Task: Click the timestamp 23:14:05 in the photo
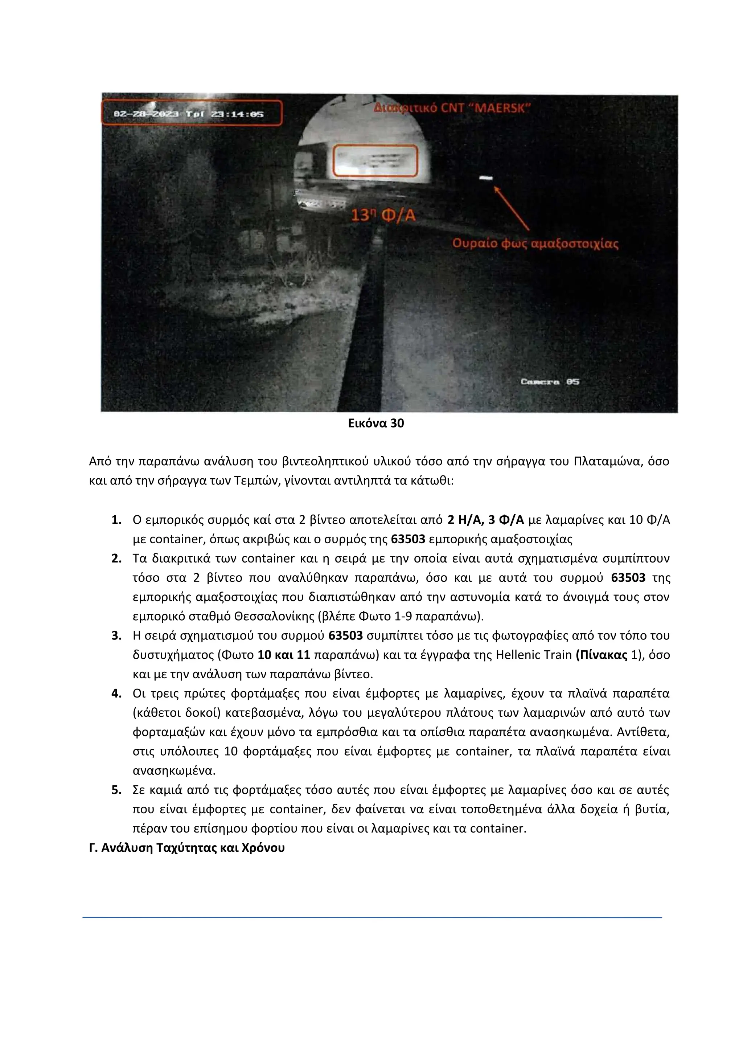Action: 237,114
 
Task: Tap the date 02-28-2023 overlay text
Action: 145,114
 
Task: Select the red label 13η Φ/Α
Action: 383,215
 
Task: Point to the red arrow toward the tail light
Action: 511,208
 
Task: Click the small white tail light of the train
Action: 485,178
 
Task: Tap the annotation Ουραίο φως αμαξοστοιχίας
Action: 535,244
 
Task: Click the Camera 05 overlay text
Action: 550,381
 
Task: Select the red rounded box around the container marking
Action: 375,161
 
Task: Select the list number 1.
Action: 116,520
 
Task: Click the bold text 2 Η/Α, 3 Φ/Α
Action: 485,520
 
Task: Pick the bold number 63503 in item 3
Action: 345,635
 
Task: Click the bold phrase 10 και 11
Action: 284,655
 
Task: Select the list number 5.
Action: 116,790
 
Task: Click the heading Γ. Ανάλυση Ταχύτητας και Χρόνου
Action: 187,847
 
